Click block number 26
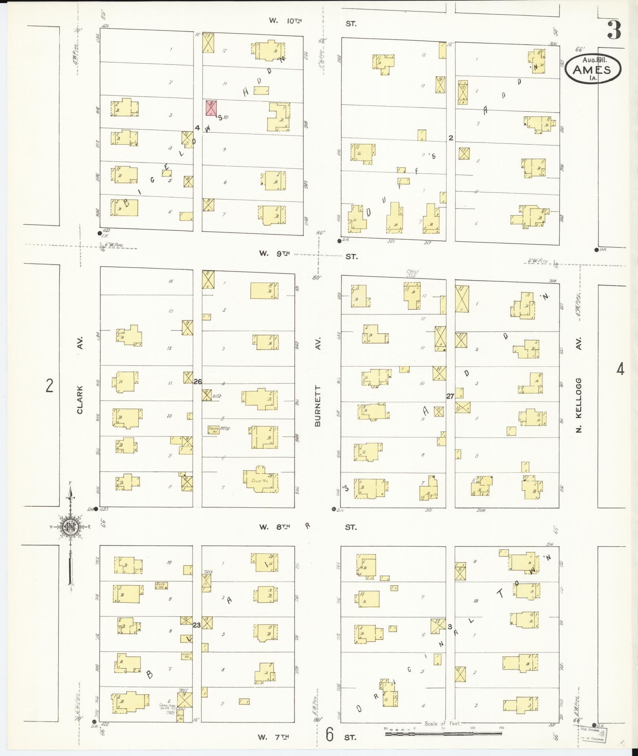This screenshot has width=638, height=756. [198, 381]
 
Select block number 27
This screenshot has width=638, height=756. [450, 396]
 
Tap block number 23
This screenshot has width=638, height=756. [197, 625]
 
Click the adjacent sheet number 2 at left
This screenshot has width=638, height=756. [49, 385]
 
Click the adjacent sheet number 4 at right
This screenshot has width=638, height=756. [620, 370]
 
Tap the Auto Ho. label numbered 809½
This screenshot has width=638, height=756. [214, 429]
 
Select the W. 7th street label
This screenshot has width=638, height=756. [274, 737]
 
